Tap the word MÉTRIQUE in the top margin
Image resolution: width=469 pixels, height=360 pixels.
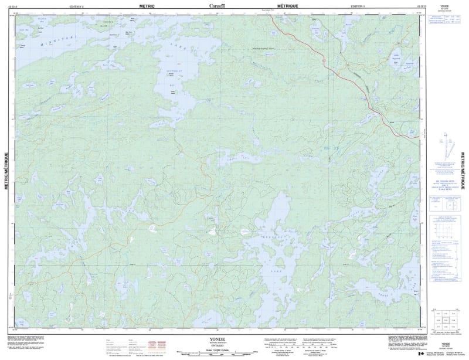[276, 6]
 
